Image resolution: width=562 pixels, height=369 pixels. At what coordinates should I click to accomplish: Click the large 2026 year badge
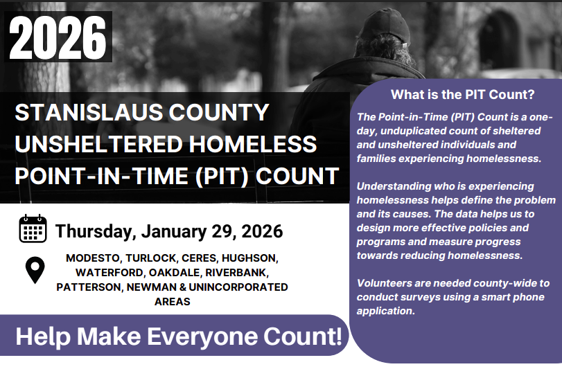click(x=58, y=37)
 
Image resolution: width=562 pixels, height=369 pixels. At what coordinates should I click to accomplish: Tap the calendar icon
click(x=33, y=228)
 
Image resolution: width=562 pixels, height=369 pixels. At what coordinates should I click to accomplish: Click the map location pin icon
click(x=35, y=270)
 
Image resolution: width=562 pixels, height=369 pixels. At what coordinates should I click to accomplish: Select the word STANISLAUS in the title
click(x=89, y=112)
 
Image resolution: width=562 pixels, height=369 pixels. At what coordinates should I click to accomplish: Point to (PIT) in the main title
click(x=222, y=176)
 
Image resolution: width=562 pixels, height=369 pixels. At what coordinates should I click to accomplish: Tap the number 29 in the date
click(x=224, y=231)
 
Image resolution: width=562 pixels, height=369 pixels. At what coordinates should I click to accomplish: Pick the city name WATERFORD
click(x=110, y=273)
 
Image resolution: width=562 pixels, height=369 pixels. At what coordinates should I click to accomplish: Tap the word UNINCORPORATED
click(x=238, y=287)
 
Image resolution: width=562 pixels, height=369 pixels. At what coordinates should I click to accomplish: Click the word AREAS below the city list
click(x=173, y=302)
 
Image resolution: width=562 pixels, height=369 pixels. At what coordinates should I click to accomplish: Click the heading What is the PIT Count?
click(x=462, y=94)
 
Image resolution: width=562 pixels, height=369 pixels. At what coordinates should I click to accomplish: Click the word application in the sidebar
click(x=386, y=311)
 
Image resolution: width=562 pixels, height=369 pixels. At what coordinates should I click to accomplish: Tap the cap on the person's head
click(x=384, y=28)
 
